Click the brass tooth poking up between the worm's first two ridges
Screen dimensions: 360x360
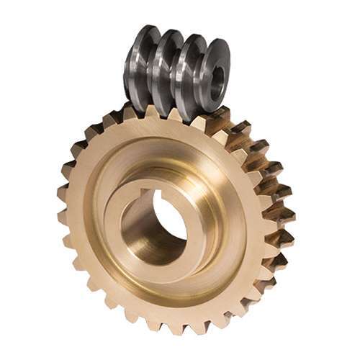[150, 113]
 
